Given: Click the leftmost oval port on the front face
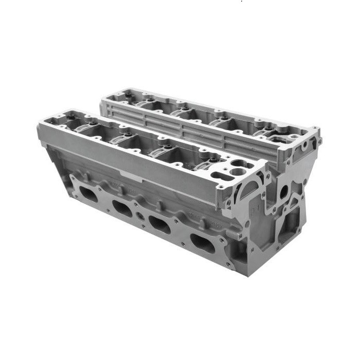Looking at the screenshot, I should click(x=88, y=194).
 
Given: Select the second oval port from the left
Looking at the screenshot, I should click(x=123, y=208).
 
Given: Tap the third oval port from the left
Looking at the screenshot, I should click(x=159, y=224).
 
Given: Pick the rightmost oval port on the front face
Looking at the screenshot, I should click(x=202, y=243).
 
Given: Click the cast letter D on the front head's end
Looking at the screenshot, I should click(x=253, y=210).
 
